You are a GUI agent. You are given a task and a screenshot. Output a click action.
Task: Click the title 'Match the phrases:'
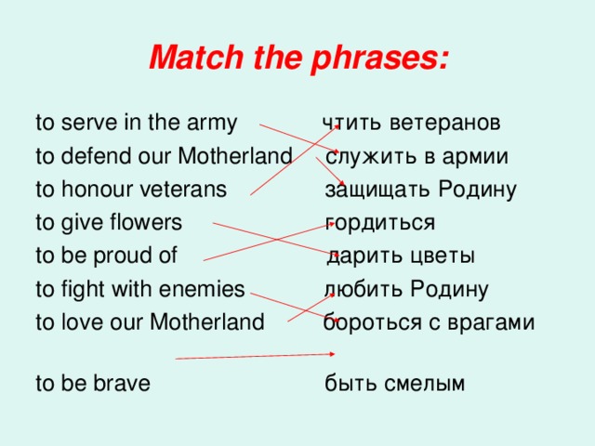(x=298, y=60)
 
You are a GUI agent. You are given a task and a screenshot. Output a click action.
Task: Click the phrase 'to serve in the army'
(x=136, y=124)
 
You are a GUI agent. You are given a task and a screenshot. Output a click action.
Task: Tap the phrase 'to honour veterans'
(x=131, y=190)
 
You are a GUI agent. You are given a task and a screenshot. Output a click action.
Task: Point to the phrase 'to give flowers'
(x=108, y=223)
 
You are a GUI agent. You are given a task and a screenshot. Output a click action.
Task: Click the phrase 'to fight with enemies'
(x=139, y=289)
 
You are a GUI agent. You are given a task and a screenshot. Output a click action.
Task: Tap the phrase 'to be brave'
(x=92, y=383)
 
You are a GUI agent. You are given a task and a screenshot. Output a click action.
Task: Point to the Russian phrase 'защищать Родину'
(x=420, y=190)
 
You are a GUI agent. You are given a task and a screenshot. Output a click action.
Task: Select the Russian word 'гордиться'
(x=380, y=223)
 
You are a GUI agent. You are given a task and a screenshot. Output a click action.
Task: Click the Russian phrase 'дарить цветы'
(x=401, y=256)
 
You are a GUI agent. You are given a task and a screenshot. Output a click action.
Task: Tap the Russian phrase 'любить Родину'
(x=406, y=289)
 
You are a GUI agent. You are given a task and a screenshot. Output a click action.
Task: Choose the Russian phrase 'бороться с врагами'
(x=429, y=322)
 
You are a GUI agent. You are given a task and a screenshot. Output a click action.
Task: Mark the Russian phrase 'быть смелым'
(x=394, y=383)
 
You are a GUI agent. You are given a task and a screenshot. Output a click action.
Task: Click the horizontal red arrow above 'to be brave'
(x=256, y=356)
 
